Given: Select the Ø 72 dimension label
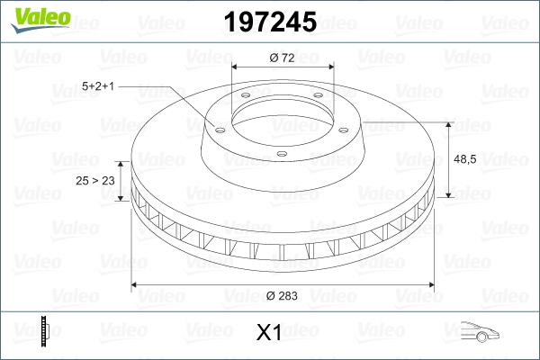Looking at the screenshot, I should (283, 58).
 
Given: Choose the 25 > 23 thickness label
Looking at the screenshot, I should (95, 181).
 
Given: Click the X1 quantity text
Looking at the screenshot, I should (270, 333).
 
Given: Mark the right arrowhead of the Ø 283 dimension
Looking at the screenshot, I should (427, 284).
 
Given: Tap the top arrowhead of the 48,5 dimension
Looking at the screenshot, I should (448, 124).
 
